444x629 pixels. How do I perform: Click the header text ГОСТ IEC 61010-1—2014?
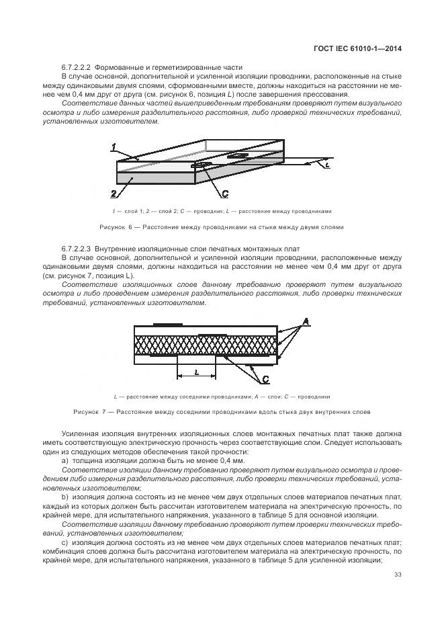click(x=360, y=48)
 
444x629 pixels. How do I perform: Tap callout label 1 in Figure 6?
click(x=114, y=147)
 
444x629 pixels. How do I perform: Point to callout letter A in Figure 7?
click(x=306, y=323)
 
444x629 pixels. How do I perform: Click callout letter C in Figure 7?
click(x=266, y=378)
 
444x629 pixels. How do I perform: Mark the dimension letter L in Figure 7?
click(x=195, y=371)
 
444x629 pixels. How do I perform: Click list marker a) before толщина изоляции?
click(x=64, y=462)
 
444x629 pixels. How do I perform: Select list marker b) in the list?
click(x=64, y=496)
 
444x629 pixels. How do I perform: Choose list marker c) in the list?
click(x=64, y=542)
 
